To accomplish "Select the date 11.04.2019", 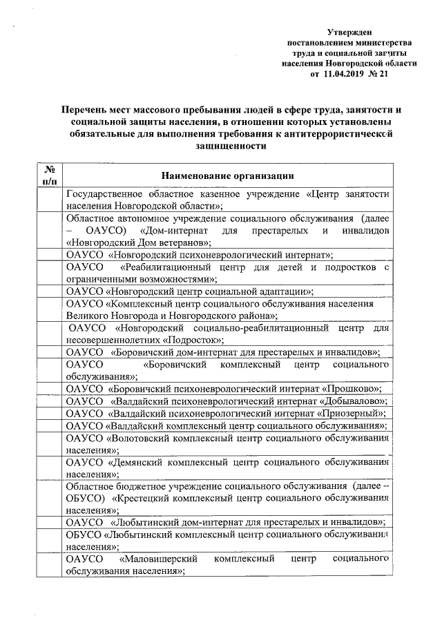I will (x=345, y=74).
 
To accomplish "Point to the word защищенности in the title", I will (x=226, y=146).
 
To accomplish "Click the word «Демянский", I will (x=137, y=463).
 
